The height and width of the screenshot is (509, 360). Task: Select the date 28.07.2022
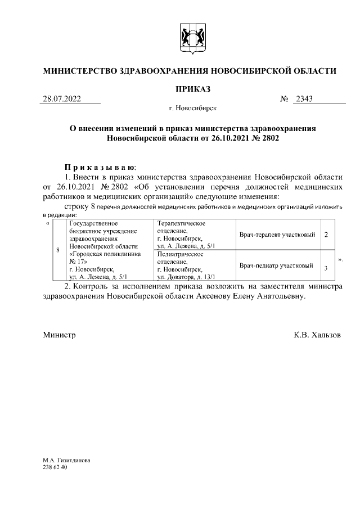[62, 100]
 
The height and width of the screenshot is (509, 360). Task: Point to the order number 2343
[304, 100]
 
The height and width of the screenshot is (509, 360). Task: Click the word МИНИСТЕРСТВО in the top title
[78, 71]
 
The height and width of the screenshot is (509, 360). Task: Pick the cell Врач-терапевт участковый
[276, 234]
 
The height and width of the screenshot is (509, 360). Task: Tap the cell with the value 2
[326, 234]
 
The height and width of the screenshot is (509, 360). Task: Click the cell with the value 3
[326, 267]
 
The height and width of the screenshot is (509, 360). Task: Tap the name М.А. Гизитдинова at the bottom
[66, 460]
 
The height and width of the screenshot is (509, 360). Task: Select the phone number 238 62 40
[55, 467]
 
